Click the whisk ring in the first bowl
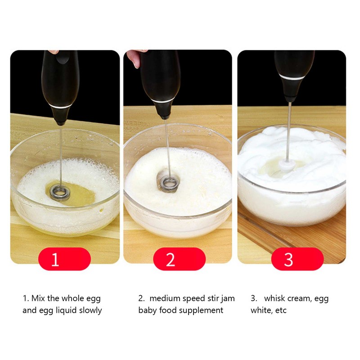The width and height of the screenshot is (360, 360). pyautogui.click(x=58, y=191)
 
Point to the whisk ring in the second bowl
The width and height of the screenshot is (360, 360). pyautogui.click(x=169, y=182)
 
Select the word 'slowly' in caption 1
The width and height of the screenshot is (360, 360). pyautogui.click(x=90, y=310)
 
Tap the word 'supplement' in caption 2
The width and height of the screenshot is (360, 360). pyautogui.click(x=202, y=310)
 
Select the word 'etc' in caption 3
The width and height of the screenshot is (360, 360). pyautogui.click(x=280, y=310)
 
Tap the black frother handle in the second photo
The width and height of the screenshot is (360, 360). pyautogui.click(x=161, y=81)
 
